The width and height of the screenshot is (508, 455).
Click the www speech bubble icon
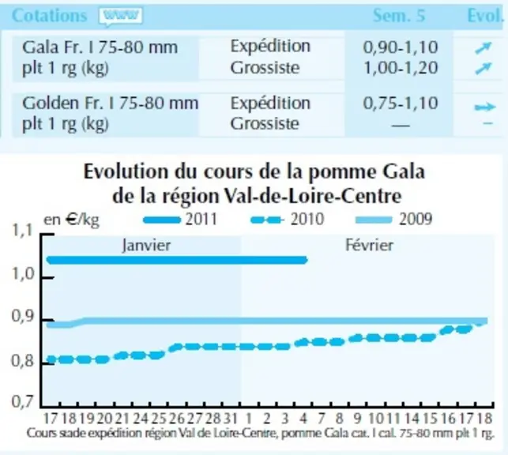point(121,16)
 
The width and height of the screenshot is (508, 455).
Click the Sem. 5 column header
point(399,15)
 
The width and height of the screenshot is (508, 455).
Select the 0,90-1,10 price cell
point(401,47)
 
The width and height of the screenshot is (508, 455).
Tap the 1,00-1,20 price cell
point(401,68)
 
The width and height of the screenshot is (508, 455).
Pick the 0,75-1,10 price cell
point(401,103)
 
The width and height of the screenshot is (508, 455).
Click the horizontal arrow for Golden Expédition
point(485,107)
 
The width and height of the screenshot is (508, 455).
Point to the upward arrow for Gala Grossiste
point(483,69)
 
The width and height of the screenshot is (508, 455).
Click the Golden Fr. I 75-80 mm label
point(110,103)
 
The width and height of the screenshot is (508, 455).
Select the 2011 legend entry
point(180,220)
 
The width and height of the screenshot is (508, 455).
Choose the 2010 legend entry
point(288,220)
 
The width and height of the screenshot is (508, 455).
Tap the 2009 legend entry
point(393,220)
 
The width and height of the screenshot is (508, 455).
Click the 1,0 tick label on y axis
point(23,274)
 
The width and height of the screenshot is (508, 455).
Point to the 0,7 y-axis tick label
point(23,401)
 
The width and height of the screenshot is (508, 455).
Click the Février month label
point(369,245)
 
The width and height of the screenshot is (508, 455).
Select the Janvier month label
point(146,245)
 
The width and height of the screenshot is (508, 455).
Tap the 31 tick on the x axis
point(231,419)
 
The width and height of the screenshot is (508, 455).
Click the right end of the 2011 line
point(305,260)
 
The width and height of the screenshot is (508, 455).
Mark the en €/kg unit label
point(71,220)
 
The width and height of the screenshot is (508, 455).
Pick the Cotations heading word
point(49,16)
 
